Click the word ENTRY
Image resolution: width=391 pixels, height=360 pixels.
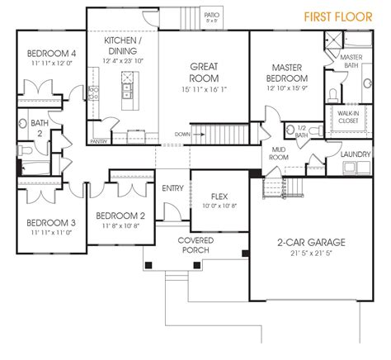pyautogui.click(x=174, y=187)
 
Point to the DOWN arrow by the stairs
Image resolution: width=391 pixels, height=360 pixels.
pyautogui.click(x=188, y=133)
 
